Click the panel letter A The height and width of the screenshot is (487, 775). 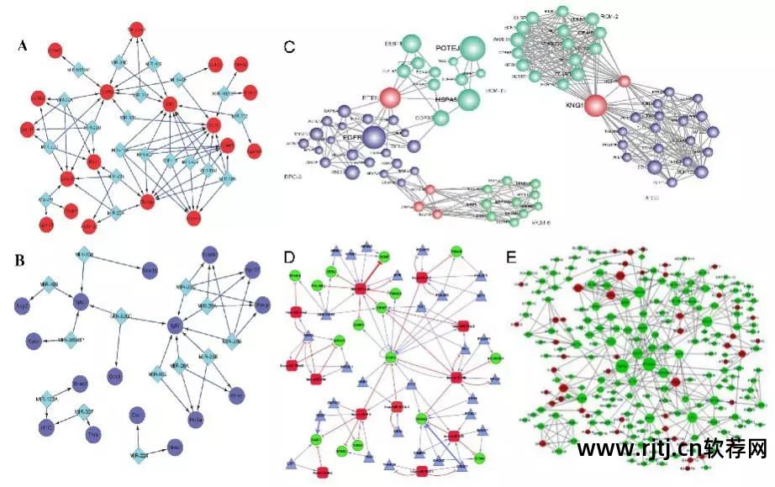24,47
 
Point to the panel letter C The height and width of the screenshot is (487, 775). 289,47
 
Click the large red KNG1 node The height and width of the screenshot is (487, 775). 596,106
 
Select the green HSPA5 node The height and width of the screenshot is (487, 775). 467,100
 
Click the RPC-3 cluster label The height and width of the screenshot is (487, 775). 294,177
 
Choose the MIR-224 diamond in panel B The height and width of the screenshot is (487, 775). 137,453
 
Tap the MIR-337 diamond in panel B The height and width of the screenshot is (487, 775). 84,412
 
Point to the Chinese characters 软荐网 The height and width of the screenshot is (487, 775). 742,449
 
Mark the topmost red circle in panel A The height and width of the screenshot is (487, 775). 137,29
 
